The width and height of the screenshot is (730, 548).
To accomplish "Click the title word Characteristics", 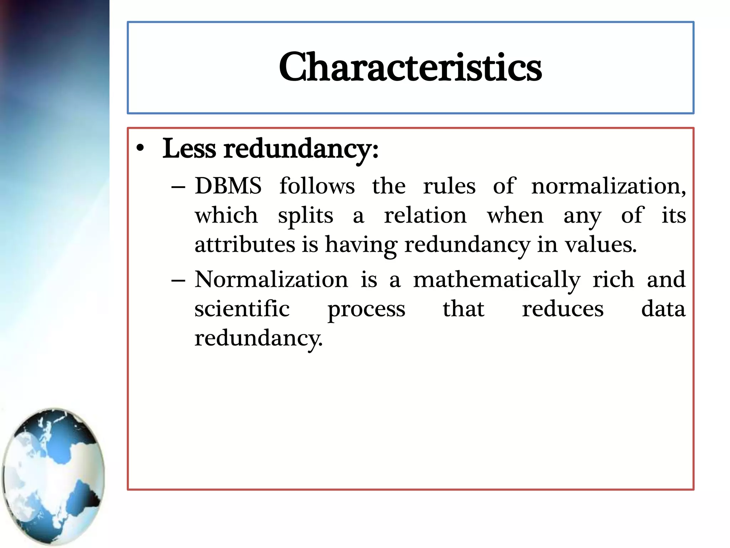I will [x=410, y=67].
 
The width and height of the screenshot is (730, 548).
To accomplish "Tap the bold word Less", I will [x=189, y=148].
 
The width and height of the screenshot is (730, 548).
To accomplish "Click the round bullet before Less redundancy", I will [x=140, y=148].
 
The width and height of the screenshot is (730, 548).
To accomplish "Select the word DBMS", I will [x=228, y=186].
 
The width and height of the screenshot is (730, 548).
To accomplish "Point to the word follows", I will [x=317, y=186].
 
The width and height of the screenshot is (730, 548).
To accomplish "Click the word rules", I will [x=449, y=186].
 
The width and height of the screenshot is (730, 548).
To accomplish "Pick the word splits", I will [x=305, y=216].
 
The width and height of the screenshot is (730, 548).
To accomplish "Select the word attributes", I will [x=245, y=245].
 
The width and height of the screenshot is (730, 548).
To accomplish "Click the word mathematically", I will [x=497, y=280].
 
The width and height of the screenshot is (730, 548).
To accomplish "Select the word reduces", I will [x=563, y=309].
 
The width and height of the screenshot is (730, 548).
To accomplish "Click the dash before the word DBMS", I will [x=178, y=187].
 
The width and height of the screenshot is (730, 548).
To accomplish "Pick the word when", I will [x=515, y=215].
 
